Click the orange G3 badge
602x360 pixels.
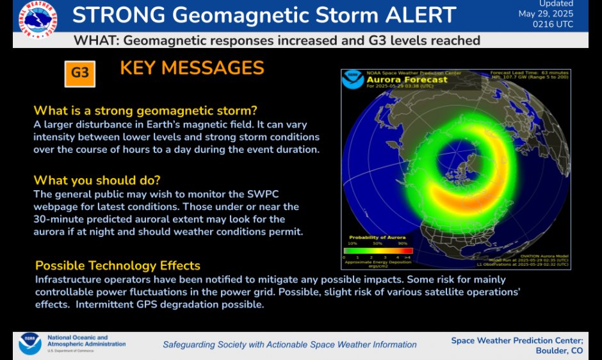[x=80, y=74]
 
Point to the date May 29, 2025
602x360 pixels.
[x=546, y=13]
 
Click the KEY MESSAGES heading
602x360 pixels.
[x=192, y=68]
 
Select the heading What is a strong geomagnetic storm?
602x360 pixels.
[x=145, y=110]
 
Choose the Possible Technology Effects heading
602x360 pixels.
[x=118, y=265]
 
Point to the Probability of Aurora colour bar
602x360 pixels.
[x=378, y=251]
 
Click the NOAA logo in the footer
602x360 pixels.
[x=29, y=343]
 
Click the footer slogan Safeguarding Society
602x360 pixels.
[x=289, y=345]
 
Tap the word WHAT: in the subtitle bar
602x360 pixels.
[x=95, y=40]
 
